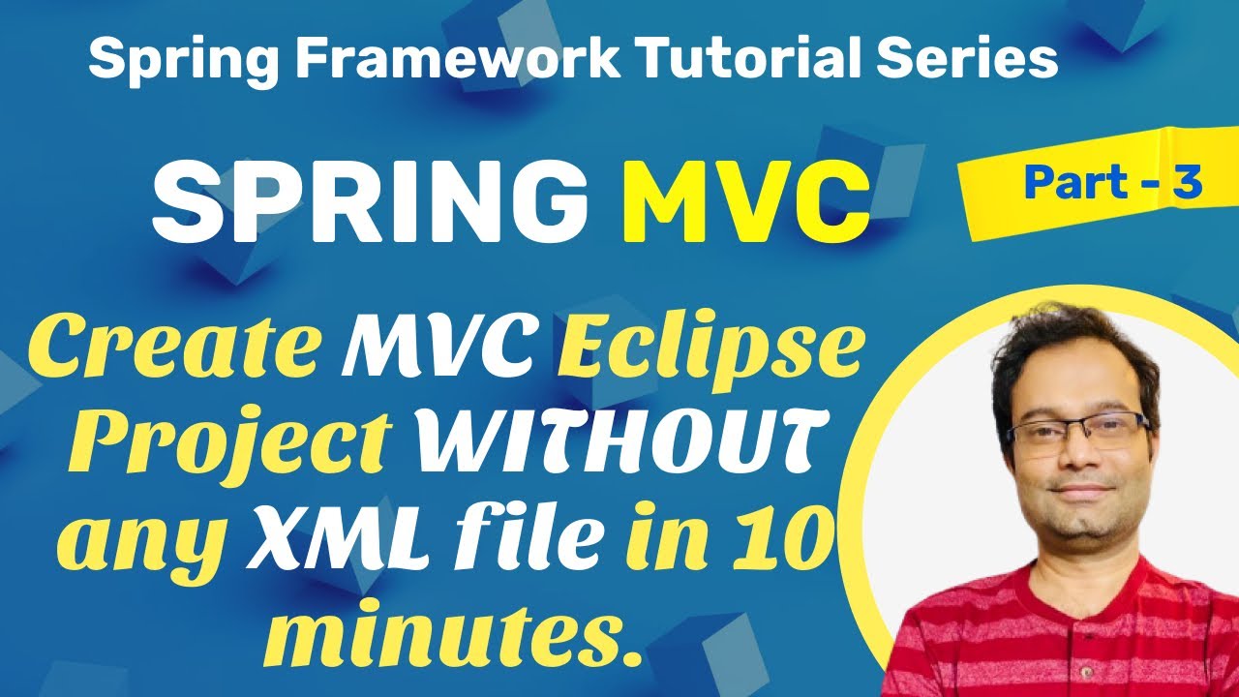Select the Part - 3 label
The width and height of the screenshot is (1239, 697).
(1112, 182)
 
